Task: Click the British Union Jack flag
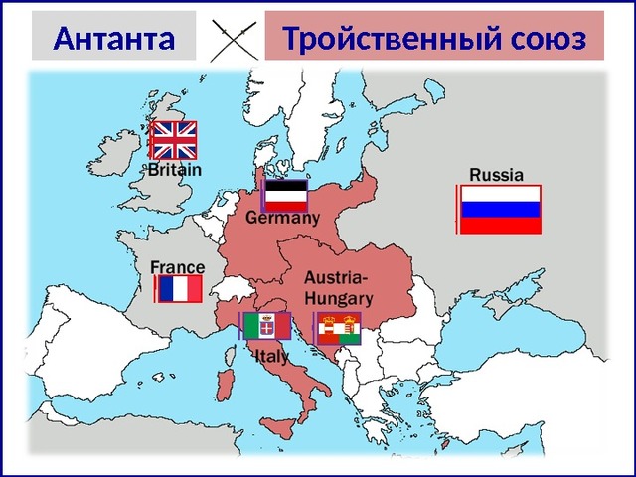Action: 174,140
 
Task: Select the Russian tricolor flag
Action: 501,209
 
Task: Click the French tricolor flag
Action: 180,289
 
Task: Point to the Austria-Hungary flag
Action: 339,328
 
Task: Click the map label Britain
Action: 175,170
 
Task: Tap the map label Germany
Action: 283,218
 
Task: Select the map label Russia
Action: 496,174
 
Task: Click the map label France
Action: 178,267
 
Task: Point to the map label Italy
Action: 272,354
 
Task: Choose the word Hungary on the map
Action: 338,297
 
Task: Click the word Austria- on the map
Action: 335,277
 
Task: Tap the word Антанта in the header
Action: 113,40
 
